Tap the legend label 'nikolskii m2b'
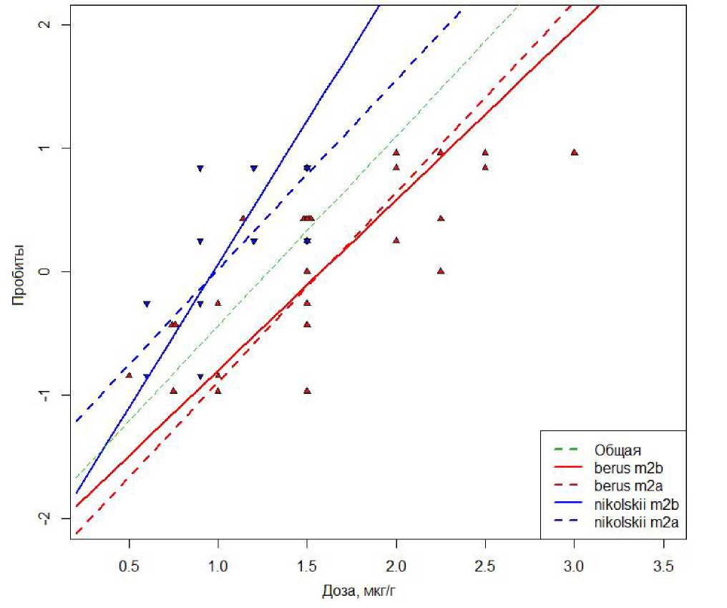tap(635, 506)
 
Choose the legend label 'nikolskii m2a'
tap(635, 524)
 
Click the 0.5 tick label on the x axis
tap(129, 565)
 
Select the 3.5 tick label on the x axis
tap(663, 565)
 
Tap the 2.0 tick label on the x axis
tap(396, 565)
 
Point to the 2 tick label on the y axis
tap(46, 25)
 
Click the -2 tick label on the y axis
tap(46, 518)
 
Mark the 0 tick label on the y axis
tap(46, 271)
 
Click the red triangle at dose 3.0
tap(574, 153)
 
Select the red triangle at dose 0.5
tap(129, 375)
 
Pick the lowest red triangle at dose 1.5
tap(307, 390)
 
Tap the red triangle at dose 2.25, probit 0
tap(441, 271)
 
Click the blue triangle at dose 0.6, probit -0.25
tap(147, 304)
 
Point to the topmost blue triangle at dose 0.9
tap(200, 169)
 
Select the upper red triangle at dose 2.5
tap(485, 153)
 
